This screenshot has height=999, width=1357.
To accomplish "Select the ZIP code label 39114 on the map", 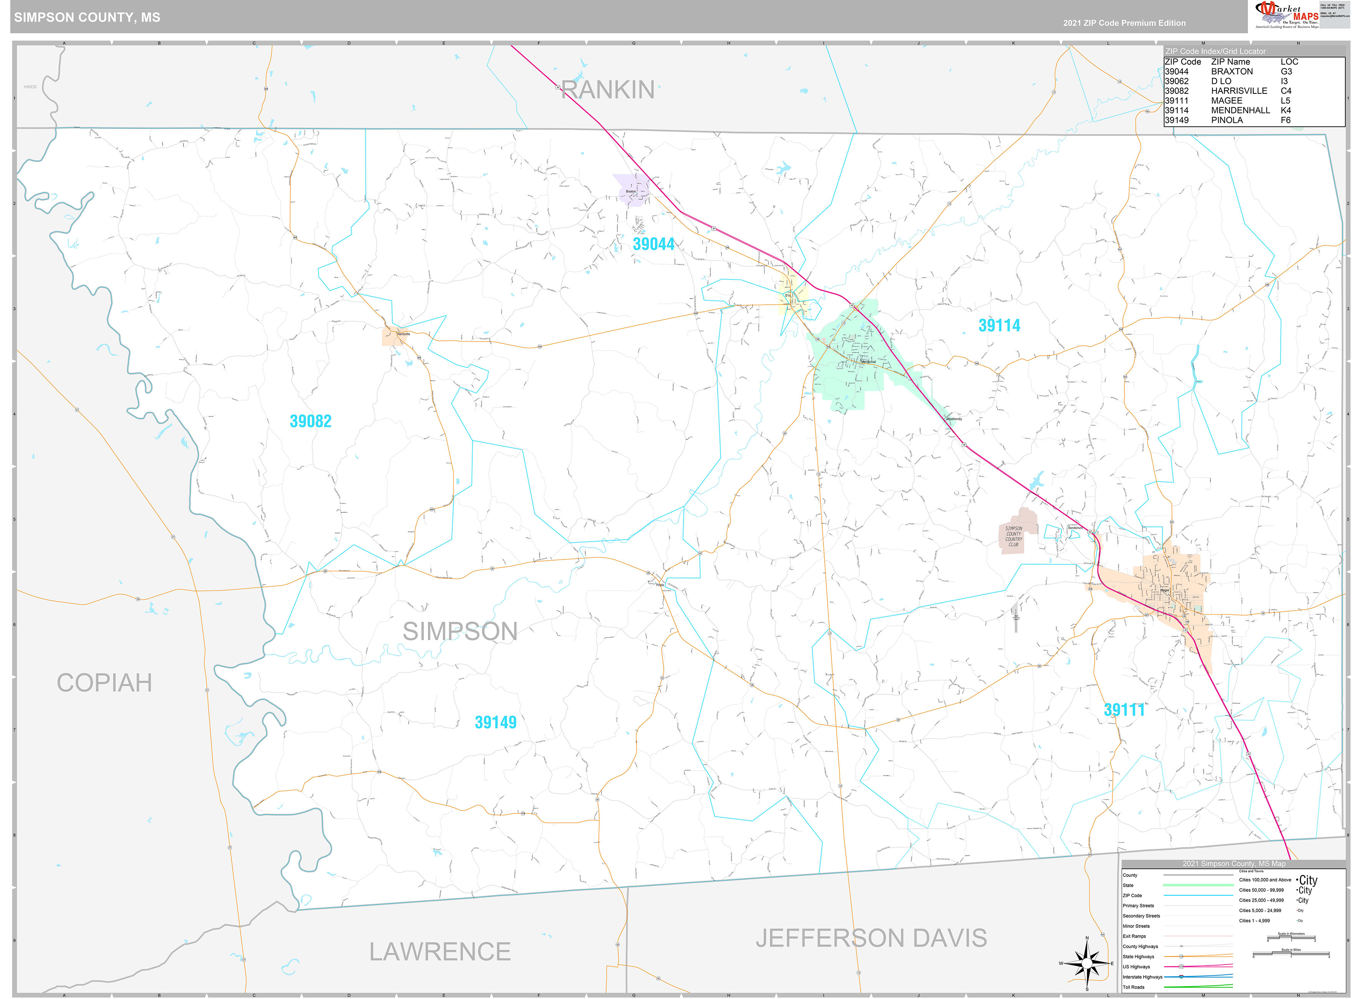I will pos(999,325).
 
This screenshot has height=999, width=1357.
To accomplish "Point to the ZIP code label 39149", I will pos(495,722).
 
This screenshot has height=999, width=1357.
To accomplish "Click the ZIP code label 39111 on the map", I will pos(1124,710).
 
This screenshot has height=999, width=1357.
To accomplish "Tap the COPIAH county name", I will pos(104,683).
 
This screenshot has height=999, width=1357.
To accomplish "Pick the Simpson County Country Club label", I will pos(1014,536).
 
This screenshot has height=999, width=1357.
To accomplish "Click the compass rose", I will pos(1087,963).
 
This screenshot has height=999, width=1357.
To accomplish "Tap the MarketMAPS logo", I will pos(1287,15).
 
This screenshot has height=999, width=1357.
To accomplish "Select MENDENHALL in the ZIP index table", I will pos(1240,110).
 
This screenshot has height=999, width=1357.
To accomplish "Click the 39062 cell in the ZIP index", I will pos(1176,81).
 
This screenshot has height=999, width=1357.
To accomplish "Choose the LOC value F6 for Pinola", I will pos(1285,120).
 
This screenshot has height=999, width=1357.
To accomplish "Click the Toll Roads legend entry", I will pos(1133,987).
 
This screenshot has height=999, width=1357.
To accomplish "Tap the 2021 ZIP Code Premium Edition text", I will pos(1124,23).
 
